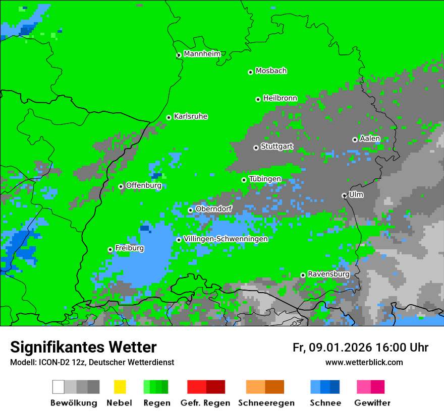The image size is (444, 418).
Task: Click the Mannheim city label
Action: click(202, 54)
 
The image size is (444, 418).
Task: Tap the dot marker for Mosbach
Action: click(250, 72)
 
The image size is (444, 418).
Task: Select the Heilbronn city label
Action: click(280, 98)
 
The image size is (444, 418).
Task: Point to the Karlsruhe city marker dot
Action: click(169, 117)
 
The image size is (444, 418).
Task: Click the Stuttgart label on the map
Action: click(276, 147)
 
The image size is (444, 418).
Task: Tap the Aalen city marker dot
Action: click(355, 140)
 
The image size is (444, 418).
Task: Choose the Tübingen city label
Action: click(265, 179)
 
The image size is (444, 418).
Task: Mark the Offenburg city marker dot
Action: click(121, 186)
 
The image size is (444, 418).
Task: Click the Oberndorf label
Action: click(213, 208)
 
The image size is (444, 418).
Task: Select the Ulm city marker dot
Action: click(344, 195)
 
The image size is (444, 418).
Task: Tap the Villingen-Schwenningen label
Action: click(226, 239)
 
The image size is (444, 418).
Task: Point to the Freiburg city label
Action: click(129, 248)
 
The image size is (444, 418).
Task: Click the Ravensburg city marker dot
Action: click(303, 275)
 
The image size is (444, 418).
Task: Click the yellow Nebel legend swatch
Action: click(120, 387)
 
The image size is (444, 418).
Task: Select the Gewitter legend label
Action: click(372, 403)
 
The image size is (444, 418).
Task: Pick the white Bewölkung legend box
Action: click(59, 387)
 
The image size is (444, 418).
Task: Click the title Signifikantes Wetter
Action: click(83, 347)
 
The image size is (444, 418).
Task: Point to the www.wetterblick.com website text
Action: click(364, 362)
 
